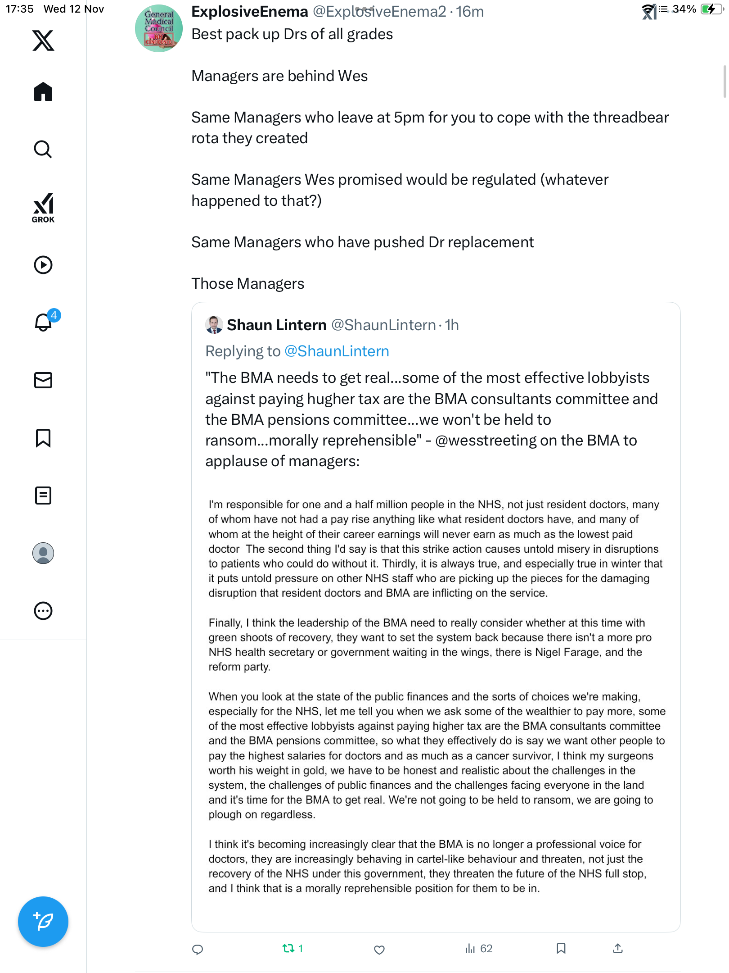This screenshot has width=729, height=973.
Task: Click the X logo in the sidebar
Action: pos(43,41)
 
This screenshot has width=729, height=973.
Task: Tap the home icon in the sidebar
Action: pos(43,92)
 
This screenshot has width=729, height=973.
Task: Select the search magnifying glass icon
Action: pos(43,149)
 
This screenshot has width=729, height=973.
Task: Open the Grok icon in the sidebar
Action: pos(43,208)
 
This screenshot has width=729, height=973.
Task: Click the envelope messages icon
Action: pos(43,380)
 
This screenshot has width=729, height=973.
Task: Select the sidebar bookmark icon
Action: pos(43,438)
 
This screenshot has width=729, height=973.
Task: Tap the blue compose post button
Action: pos(43,921)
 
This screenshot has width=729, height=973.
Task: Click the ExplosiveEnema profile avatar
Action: pos(159,28)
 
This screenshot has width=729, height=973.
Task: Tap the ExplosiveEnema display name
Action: pos(250,12)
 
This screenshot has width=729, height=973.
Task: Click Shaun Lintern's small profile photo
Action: pos(214,325)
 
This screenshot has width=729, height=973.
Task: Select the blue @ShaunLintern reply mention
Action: pos(337,351)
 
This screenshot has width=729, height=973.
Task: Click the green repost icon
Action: pos(288,949)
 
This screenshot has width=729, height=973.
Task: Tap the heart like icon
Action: pos(379,950)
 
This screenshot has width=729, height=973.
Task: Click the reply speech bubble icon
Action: pos(198,950)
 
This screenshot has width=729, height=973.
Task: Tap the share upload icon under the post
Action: pos(618,949)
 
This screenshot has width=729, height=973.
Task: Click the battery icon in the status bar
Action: pos(710,9)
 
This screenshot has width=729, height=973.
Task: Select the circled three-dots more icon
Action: pos(43,611)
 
